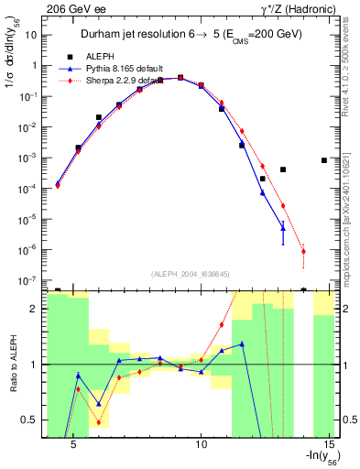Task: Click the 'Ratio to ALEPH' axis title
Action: tap(12, 365)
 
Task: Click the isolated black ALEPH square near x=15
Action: tap(324, 160)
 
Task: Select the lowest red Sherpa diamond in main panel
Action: tap(303, 251)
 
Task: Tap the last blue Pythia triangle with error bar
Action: tap(283, 227)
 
